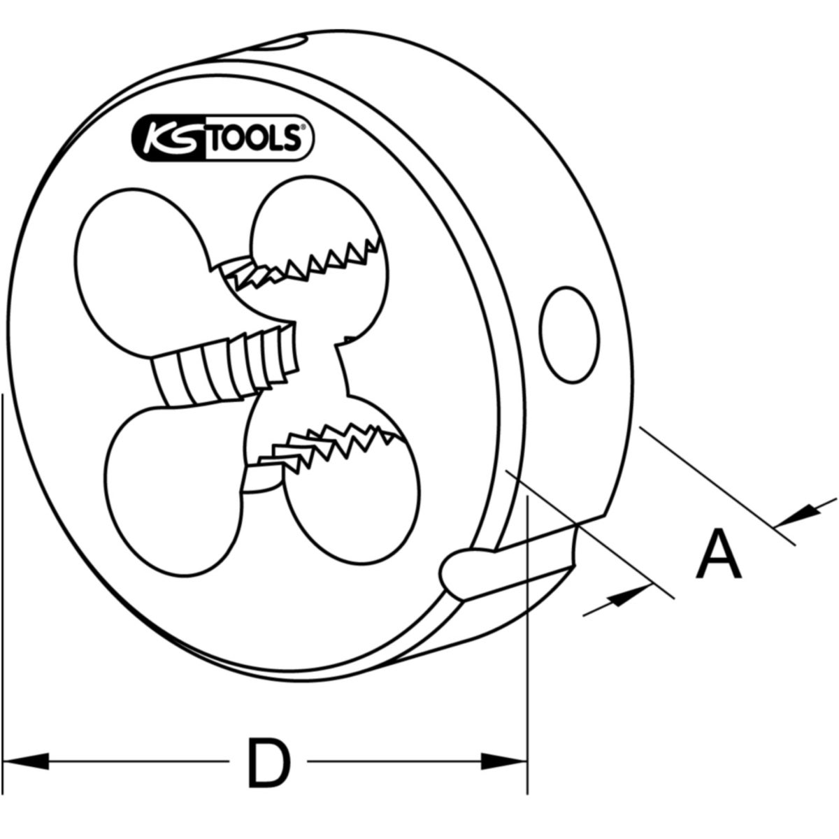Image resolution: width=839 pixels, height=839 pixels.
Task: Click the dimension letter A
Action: (x=718, y=554)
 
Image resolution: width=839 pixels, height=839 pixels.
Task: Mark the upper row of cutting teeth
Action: (x=308, y=266)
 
